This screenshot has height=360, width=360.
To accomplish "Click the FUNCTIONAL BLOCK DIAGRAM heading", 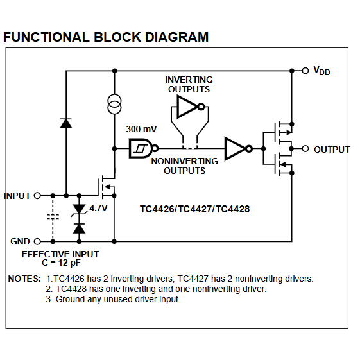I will tap(106, 37).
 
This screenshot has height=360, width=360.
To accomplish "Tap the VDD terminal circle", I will tap(305, 70).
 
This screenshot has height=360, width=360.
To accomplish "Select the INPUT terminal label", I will tap(17, 195).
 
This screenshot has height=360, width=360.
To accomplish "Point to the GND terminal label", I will tap(20, 241).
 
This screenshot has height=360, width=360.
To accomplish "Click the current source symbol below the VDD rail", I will tap(114, 104).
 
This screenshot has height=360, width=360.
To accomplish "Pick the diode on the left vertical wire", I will tap(65, 123).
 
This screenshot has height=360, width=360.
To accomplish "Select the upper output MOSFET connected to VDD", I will tap(280, 132).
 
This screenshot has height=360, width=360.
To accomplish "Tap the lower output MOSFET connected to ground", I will tap(280, 166).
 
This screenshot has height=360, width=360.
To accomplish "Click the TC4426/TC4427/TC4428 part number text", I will tap(195, 209).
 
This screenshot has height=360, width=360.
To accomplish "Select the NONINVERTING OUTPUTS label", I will tap(184, 166).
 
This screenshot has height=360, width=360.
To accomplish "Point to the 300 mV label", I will tap(141, 128).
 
